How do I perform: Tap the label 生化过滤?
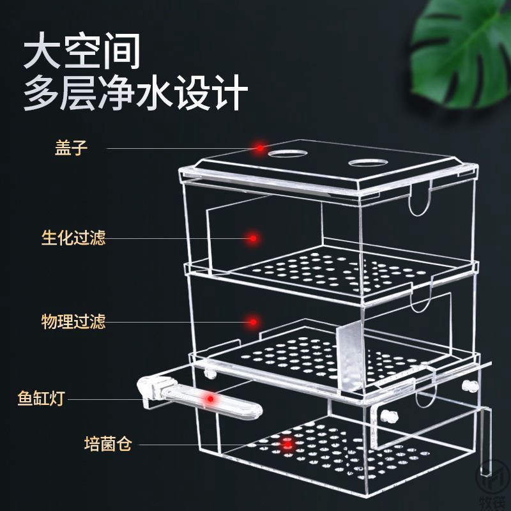[73, 238]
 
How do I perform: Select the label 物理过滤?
[73, 321]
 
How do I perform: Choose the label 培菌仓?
[107, 443]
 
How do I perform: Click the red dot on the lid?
[260, 148]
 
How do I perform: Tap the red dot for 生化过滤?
[254, 238]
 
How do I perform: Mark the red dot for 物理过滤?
[254, 321]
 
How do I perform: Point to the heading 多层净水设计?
[135, 95]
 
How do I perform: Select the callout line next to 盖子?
[179, 148]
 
